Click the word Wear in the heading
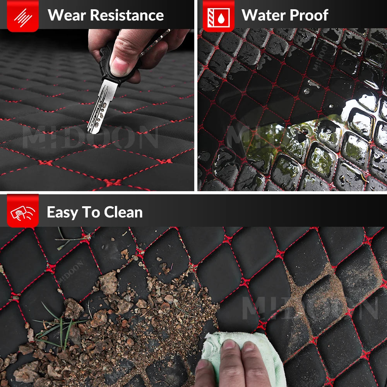pyautogui.click(x=67, y=15)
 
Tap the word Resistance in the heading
pyautogui.click(x=127, y=15)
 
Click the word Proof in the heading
pyautogui.click(x=309, y=15)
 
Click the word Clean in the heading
pyautogui.click(x=123, y=212)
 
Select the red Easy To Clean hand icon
pyautogui.click(x=23, y=211)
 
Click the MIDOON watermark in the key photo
pyautogui.click(x=90, y=137)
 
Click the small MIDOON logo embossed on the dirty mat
pyautogui.click(x=71, y=272)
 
